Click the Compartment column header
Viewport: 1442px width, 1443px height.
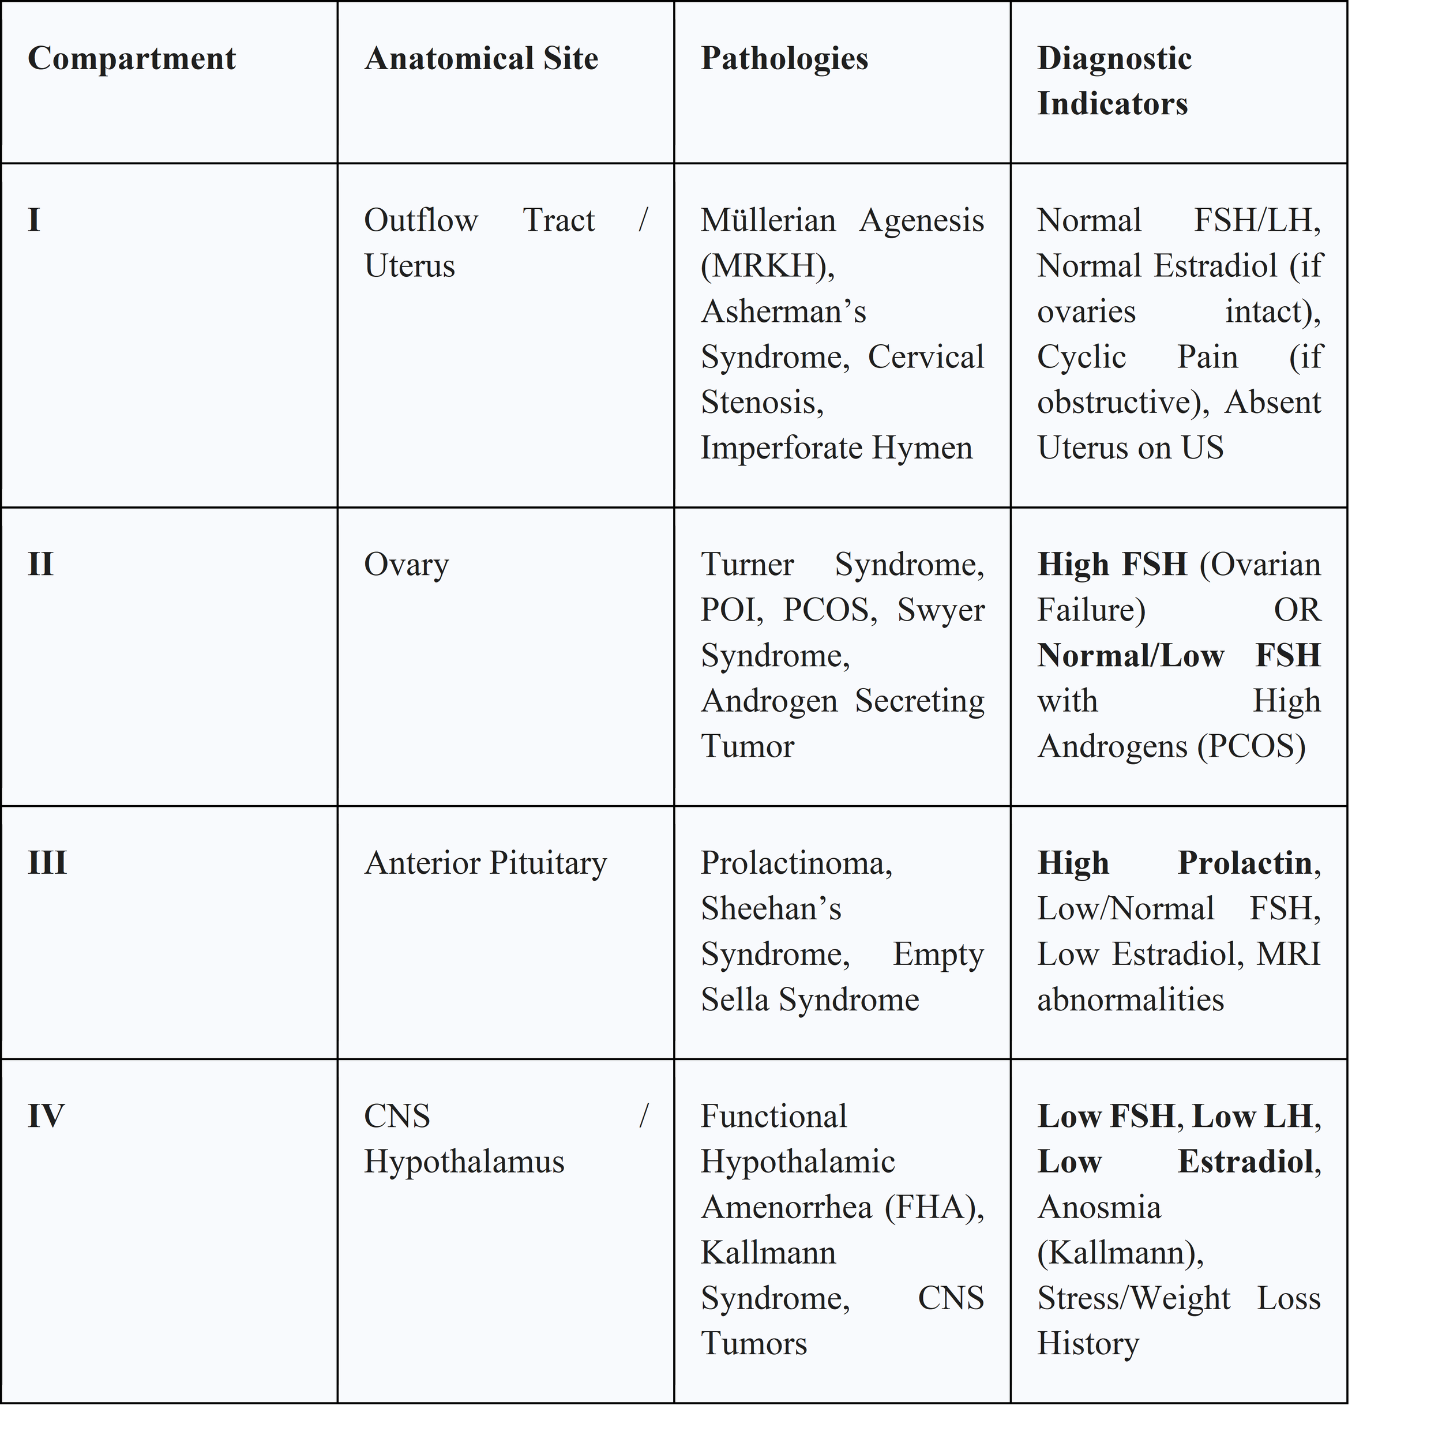(132, 58)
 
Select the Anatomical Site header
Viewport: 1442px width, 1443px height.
(481, 58)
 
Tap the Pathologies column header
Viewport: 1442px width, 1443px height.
(784, 58)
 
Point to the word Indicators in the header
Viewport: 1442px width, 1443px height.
(1111, 103)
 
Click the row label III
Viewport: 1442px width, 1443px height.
(47, 863)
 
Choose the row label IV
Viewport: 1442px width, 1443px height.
(46, 1116)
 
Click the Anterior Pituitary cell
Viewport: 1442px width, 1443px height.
(486, 863)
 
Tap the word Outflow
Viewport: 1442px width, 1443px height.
(420, 220)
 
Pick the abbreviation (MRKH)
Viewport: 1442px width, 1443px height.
(767, 266)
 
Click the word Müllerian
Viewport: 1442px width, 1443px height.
(768, 220)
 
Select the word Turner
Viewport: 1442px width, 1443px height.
(747, 565)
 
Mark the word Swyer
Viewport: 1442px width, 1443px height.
(941, 610)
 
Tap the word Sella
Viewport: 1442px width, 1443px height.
(734, 999)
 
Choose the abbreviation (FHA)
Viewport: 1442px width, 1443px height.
(934, 1207)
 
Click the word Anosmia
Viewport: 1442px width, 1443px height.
(1099, 1207)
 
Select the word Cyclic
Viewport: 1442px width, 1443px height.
(1081, 357)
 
